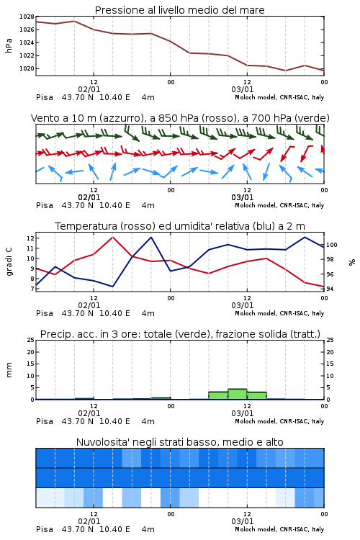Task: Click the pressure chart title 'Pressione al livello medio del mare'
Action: [179, 10]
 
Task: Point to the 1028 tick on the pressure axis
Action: [27, 17]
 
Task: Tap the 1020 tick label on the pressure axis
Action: [27, 68]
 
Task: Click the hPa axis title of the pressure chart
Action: [9, 46]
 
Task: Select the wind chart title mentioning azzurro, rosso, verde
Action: [180, 118]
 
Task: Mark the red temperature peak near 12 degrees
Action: [113, 237]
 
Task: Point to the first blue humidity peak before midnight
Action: [151, 237]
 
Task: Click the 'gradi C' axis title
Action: [9, 262]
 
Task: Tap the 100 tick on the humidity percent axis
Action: [331, 245]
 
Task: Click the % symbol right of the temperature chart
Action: [352, 262]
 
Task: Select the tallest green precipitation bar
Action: [238, 394]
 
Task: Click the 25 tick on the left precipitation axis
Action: [31, 341]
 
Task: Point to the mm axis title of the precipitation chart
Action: [9, 370]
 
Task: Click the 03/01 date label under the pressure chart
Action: [243, 89]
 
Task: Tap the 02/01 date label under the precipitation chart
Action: [89, 413]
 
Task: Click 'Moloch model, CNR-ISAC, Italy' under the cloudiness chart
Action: [279, 529]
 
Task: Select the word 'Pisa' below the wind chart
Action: [45, 206]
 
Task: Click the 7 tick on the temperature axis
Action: [32, 289]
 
